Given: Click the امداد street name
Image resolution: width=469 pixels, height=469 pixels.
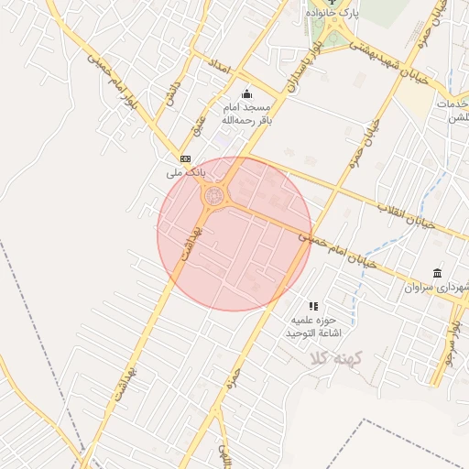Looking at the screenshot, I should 216,62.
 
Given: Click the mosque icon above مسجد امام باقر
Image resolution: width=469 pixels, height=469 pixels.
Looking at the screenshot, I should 245,93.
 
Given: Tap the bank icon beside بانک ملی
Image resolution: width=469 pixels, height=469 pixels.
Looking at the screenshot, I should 186,158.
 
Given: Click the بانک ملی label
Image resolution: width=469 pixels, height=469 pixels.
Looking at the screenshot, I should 186,172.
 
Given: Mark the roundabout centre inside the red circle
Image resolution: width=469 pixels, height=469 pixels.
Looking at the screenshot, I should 215,194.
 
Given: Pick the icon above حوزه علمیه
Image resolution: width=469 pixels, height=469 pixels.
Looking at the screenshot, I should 314,306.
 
